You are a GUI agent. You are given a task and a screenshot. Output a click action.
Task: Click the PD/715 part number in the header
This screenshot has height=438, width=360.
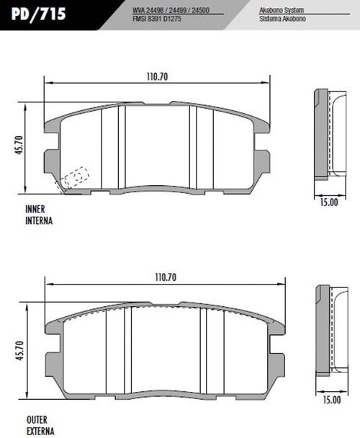click(x=39, y=14)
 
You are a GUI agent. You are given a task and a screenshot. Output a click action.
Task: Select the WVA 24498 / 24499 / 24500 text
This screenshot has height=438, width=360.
click(x=171, y=10)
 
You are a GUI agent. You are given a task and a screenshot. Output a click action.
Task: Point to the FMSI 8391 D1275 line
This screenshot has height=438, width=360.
click(x=157, y=19)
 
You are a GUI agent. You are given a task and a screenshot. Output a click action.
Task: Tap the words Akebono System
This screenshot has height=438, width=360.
click(x=282, y=10)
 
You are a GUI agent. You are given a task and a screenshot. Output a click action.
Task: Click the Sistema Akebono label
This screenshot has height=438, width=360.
click(x=282, y=19)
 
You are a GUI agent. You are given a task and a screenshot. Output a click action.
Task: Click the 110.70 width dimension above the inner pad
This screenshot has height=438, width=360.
click(x=157, y=77)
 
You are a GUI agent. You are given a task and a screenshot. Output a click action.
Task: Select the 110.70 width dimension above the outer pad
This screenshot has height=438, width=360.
click(x=166, y=277)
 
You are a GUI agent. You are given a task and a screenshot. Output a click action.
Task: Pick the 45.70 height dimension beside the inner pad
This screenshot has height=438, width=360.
click(x=19, y=146)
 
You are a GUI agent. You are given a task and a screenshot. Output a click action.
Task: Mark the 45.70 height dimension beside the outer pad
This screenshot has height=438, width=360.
click(x=20, y=351)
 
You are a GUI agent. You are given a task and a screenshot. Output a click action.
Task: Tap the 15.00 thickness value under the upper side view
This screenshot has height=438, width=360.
click(x=329, y=202)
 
